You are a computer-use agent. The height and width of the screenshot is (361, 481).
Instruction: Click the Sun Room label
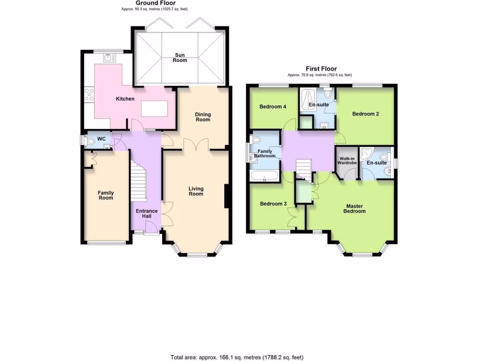click(x=179, y=57)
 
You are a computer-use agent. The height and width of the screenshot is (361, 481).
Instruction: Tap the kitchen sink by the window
click(x=109, y=57)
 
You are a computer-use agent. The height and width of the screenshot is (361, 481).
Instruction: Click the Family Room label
click(x=106, y=195)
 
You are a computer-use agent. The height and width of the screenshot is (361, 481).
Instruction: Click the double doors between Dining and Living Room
click(x=196, y=145)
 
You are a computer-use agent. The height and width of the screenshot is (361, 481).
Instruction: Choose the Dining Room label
click(x=203, y=117)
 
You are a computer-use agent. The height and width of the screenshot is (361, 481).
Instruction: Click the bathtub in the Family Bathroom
click(x=264, y=177)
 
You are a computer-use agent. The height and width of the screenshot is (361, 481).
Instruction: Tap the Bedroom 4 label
click(x=273, y=107)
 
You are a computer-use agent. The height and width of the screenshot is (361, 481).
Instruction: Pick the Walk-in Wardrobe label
click(x=347, y=160)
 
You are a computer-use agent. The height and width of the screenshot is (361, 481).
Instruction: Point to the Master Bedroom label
click(x=356, y=209)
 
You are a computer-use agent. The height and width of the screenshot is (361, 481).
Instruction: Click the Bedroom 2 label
click(x=365, y=114)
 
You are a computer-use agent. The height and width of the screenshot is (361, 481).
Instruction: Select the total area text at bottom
click(x=240, y=357)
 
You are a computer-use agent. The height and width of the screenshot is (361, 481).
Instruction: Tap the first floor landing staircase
click(x=303, y=168)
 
